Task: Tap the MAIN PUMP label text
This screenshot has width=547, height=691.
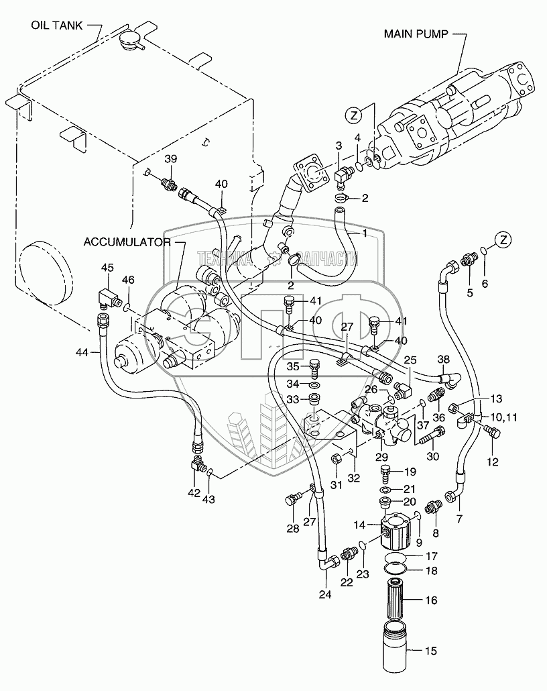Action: (414, 33)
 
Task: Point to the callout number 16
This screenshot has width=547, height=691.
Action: (431, 600)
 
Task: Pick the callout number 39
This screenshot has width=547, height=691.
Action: (171, 158)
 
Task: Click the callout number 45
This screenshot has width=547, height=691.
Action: (108, 268)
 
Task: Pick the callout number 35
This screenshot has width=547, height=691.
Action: (292, 366)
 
